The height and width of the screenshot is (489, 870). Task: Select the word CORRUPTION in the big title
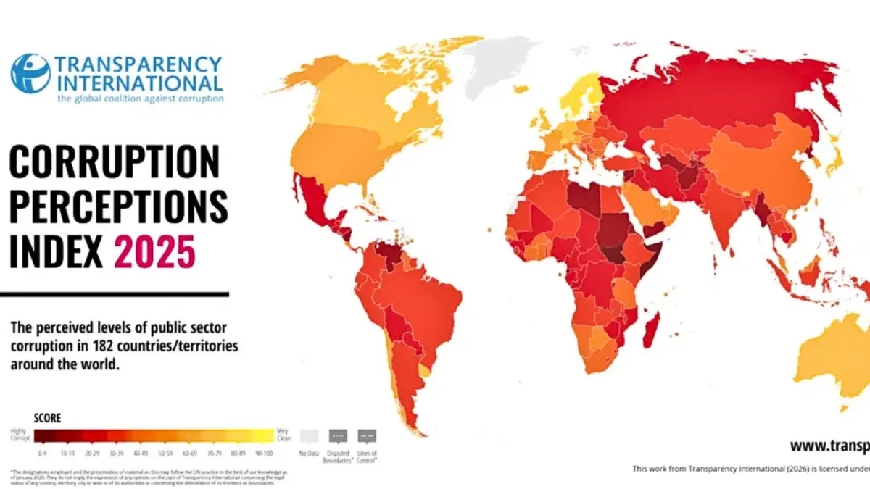point(114,163)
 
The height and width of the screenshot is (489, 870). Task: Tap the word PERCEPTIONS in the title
point(118,208)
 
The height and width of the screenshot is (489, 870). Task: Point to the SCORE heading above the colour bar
point(48,418)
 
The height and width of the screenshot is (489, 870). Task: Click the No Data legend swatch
point(309,435)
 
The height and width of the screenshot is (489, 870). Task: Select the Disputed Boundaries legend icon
point(338,436)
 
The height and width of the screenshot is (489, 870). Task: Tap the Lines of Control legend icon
point(367,436)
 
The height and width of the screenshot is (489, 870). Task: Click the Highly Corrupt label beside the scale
point(19,435)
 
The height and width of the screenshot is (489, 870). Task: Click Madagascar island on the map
point(651,327)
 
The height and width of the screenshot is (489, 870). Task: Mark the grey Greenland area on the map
point(500,65)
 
